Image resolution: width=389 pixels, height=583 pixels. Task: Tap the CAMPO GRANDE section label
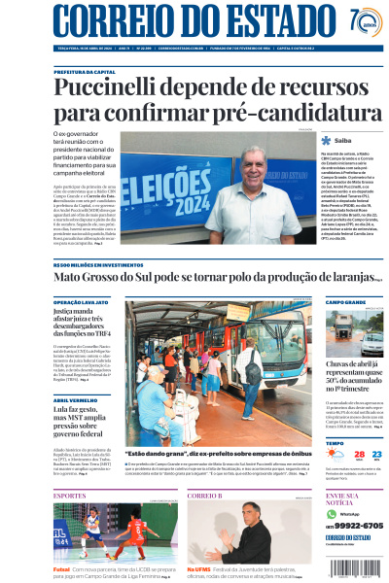click(346, 302)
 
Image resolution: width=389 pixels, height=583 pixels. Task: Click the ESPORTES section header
click(70, 496)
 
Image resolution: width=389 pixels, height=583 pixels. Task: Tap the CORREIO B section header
click(205, 496)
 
